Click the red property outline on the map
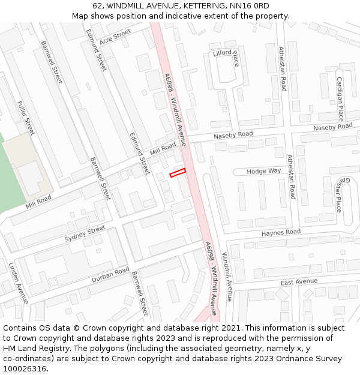click(178, 173)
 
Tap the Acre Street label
click(115, 37)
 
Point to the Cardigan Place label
click(340, 99)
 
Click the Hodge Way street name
click(264, 171)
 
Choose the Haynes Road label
click(281, 232)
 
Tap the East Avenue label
click(298, 282)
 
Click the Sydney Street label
click(85, 235)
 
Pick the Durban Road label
click(110, 275)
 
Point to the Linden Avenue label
click(18, 282)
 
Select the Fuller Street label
click(26, 118)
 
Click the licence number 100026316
click(25, 368)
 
